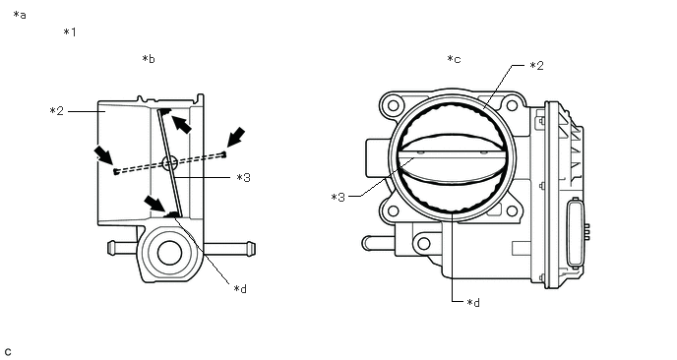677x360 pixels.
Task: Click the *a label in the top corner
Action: [x=20, y=15]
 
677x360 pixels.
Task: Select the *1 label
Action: [x=70, y=31]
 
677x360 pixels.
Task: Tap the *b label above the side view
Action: [x=149, y=59]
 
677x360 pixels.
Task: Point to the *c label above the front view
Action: [x=454, y=59]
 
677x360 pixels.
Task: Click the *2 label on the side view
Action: [x=56, y=111]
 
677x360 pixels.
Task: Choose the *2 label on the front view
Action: [x=536, y=66]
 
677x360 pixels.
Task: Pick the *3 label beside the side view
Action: [x=243, y=177]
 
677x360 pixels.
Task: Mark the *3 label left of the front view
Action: [x=338, y=198]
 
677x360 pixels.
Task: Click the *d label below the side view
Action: [x=240, y=289]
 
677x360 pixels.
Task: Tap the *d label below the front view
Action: [x=473, y=303]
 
